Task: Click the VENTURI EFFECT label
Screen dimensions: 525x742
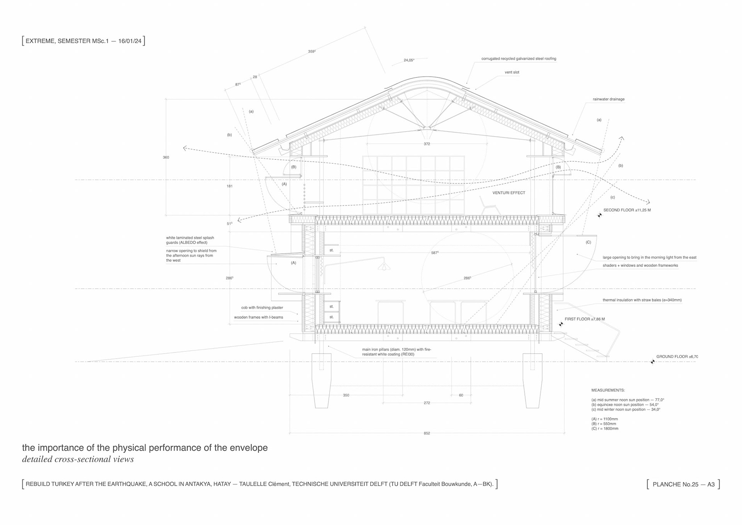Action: (509, 193)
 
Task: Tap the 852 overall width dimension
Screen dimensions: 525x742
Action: (427, 433)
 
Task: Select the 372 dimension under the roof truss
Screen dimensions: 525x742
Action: (427, 144)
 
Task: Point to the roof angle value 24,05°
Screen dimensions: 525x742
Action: (409, 60)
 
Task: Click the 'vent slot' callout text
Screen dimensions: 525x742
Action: (512, 72)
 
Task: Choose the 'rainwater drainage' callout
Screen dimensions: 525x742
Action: (608, 99)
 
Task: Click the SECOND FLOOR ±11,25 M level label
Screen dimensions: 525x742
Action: (627, 210)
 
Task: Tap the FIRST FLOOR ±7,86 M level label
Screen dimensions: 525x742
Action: (584, 319)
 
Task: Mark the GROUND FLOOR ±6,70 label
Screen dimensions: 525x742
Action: (677, 357)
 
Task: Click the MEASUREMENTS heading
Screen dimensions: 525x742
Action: (608, 390)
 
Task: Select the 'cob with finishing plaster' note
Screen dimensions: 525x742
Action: (262, 308)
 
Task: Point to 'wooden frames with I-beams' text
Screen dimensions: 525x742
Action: (258, 317)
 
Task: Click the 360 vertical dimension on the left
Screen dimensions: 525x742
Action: (166, 157)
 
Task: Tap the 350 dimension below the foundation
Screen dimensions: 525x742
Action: (346, 395)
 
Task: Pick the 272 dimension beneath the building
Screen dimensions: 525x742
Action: (427, 403)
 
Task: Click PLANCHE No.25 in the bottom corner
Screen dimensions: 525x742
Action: (683, 484)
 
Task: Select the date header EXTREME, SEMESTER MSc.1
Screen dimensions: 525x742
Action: (83, 41)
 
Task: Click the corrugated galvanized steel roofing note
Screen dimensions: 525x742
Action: (519, 59)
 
